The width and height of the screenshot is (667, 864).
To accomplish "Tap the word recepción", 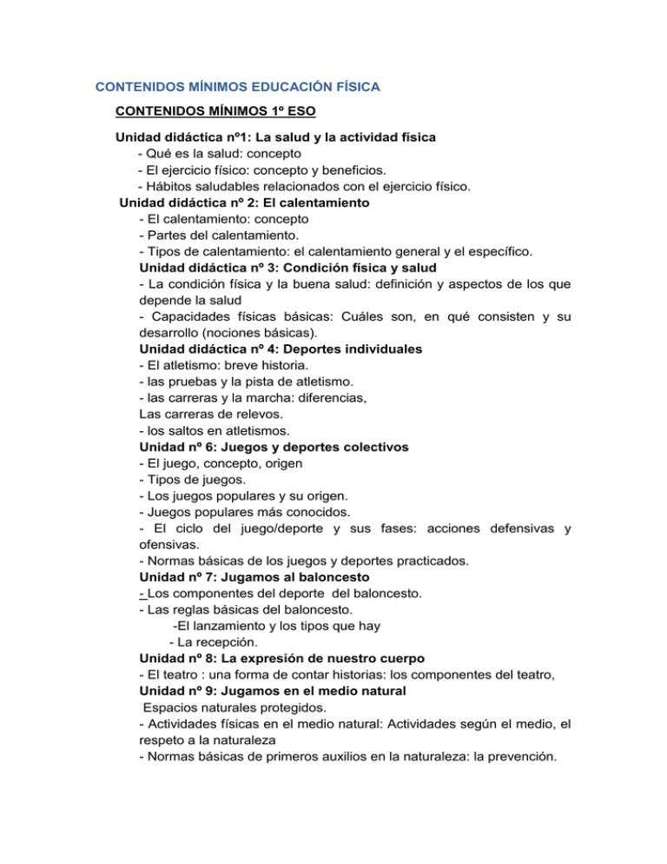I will (x=220, y=642).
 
